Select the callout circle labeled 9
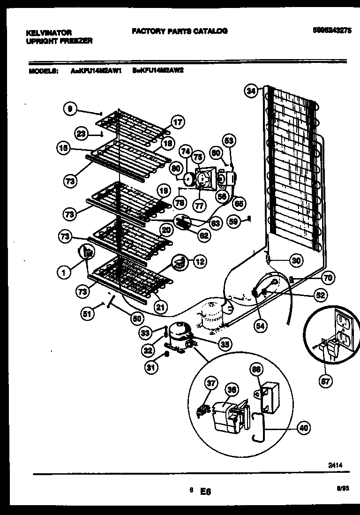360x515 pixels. coord(70,109)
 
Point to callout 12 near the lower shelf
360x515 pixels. coord(200,262)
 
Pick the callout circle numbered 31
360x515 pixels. coord(150,368)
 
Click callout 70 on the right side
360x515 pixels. coord(328,278)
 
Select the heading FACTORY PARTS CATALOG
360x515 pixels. coord(180,31)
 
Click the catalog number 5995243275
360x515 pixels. coord(331,31)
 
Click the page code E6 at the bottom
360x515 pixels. coord(206,492)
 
